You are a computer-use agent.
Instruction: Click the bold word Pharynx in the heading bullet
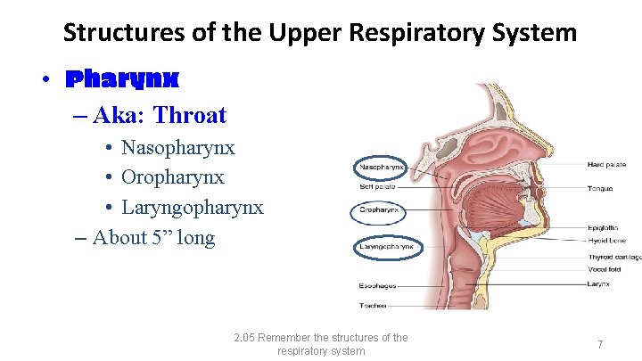coord(122,79)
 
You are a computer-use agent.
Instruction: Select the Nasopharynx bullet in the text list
coord(177,147)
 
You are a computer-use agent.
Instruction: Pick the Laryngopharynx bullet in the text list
coord(192,208)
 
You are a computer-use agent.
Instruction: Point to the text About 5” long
coord(153,237)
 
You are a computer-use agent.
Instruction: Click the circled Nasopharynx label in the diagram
coord(381,167)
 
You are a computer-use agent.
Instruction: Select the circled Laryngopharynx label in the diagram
coord(385,246)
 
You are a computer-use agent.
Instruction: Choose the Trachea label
coord(373,306)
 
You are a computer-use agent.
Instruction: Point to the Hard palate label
coord(606,165)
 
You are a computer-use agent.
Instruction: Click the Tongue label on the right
coord(600,188)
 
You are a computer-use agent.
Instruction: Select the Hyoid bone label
coord(605,241)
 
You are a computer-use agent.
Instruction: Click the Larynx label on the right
coord(598,283)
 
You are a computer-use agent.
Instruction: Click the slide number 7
coord(600,344)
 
